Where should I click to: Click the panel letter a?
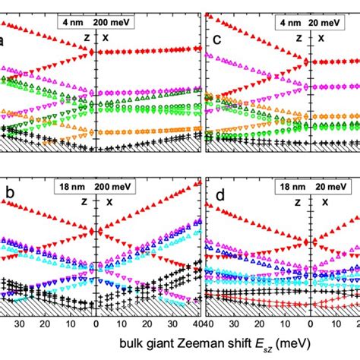click(5, 43)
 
